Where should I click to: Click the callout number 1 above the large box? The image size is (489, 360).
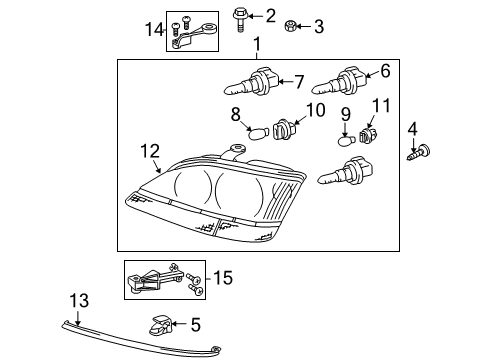tap(257, 44)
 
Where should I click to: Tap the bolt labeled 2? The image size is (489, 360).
tap(239, 20)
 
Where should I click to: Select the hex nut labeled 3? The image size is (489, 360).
tap(290, 26)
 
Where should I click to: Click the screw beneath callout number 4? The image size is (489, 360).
tap(419, 153)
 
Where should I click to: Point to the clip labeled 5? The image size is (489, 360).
tap(159, 324)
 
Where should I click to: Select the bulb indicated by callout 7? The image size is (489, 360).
tap(251, 82)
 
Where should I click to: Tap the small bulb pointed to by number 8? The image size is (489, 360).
tap(258, 134)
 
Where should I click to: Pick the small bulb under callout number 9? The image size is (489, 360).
tap(348, 140)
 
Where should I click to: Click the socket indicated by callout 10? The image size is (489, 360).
tap(284, 130)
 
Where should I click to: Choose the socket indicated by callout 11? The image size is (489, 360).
tap(368, 135)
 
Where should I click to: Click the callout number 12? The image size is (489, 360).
tap(150, 151)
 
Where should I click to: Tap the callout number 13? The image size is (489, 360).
tap(79, 301)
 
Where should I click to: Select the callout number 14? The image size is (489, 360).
tap(154, 29)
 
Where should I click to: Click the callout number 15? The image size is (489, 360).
tap(223, 277)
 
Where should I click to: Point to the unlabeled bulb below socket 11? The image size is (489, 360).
tap(345, 171)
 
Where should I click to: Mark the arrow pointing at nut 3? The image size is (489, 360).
tap(303, 26)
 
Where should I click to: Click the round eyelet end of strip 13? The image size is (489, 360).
tap(217, 349)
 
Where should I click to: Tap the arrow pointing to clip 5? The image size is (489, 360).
tap(179, 323)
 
